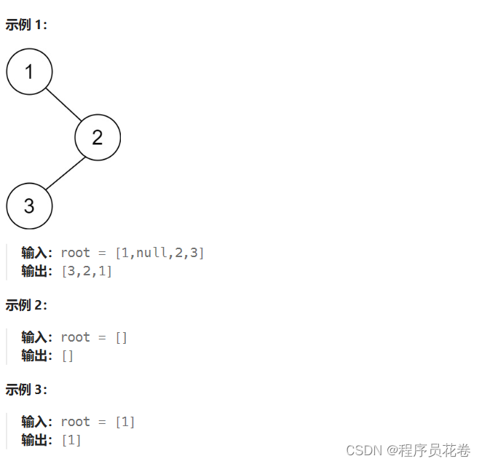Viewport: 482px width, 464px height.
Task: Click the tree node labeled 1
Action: point(29,71)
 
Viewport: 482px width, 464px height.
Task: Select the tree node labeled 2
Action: point(98,137)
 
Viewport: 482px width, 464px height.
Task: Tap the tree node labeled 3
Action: point(29,205)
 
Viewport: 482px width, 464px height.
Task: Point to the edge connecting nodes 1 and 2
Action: point(63,104)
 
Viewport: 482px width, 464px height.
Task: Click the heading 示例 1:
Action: point(26,25)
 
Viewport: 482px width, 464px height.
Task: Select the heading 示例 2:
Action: point(26,305)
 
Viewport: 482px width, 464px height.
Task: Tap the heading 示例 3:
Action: point(26,390)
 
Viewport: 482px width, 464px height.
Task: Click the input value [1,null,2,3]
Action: point(159,253)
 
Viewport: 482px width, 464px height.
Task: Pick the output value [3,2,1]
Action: point(87,271)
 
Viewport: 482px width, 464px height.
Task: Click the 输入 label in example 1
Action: point(36,253)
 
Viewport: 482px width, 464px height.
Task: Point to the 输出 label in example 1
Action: point(36,271)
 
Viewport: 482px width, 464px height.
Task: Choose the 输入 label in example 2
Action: point(36,337)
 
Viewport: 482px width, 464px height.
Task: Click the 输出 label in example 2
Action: point(36,355)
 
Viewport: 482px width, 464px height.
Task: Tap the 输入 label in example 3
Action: point(36,422)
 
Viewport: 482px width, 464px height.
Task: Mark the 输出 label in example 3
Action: point(36,440)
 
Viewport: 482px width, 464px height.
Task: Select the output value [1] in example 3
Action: point(71,440)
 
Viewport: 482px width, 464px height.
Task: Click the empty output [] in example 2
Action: point(68,355)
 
